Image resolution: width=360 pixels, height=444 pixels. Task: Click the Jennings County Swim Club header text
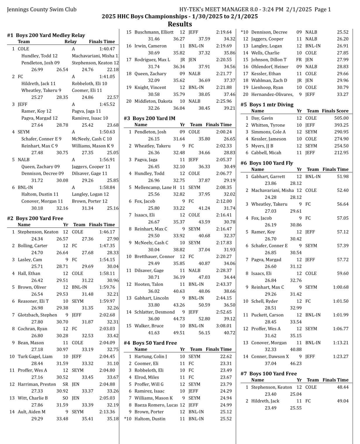[x=42, y=9]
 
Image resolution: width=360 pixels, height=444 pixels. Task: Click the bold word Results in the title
[x=180, y=24]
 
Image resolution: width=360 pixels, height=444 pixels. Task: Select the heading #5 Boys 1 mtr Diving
[x=267, y=104]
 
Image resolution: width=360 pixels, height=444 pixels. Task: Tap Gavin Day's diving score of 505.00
[x=341, y=118]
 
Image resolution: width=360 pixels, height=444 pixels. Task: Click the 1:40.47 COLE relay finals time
[x=107, y=49]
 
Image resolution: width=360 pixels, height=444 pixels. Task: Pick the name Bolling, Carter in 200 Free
[x=32, y=245]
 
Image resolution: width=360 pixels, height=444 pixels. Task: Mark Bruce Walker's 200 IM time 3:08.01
[x=224, y=326]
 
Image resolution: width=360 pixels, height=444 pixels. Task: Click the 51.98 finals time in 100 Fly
[x=342, y=176]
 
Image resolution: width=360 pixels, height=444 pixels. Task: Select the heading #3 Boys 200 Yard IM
[x=149, y=118]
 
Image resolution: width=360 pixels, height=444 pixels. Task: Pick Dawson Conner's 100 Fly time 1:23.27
[x=340, y=356]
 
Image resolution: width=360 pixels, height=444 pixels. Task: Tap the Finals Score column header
[x=335, y=111]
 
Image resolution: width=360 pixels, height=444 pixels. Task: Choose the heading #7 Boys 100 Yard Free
[x=268, y=373]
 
